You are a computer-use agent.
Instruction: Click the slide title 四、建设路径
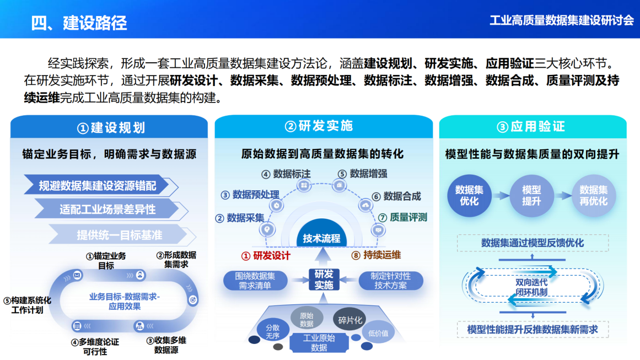(79, 23)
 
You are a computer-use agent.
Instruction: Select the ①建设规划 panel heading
(110, 128)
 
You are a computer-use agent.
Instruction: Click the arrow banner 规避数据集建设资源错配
(98, 186)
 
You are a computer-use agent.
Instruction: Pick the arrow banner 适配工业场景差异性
(107, 209)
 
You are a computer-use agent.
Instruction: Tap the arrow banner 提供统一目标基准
(119, 235)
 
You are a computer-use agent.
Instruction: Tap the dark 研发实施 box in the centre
(324, 280)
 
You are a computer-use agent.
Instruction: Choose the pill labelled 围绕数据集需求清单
(255, 280)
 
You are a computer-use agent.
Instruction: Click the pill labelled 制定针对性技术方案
(391, 280)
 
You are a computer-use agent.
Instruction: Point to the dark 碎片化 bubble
(350, 320)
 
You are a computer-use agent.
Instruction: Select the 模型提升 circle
(531, 195)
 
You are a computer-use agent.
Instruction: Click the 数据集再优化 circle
(593, 195)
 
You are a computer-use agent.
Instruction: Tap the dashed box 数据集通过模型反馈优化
(532, 243)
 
